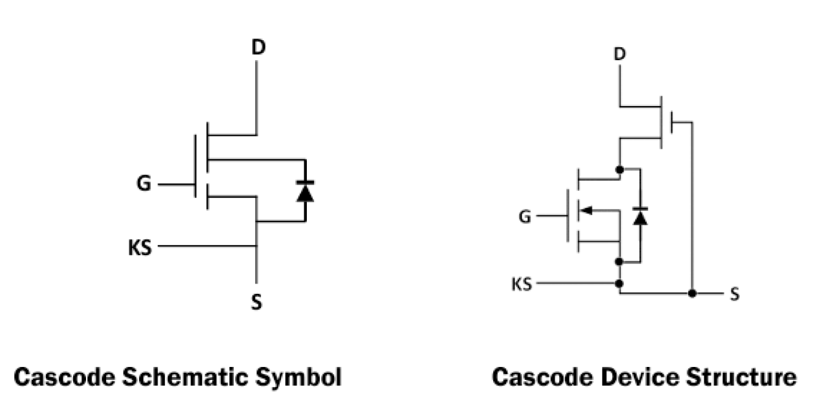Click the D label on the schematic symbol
pyautogui.click(x=257, y=48)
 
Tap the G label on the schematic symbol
pyautogui.click(x=144, y=184)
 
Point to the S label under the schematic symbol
pyautogui.click(x=257, y=302)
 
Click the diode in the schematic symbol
pyautogui.click(x=305, y=191)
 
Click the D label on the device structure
pyautogui.click(x=619, y=54)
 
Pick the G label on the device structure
pyautogui.click(x=525, y=216)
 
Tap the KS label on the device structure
pyautogui.click(x=522, y=284)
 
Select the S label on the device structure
pyautogui.click(x=735, y=294)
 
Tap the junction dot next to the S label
pyautogui.click(x=692, y=294)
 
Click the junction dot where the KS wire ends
pyautogui.click(x=619, y=284)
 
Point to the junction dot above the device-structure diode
pyautogui.click(x=619, y=170)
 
